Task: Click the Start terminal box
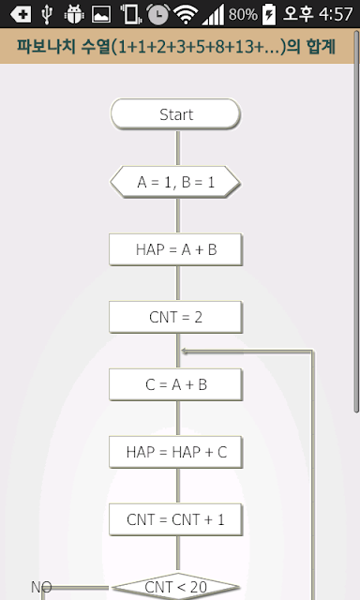click(175, 114)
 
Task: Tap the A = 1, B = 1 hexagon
click(175, 182)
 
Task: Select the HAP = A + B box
click(175, 249)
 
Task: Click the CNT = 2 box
click(175, 317)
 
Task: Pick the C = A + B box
click(175, 384)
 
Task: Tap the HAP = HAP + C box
click(175, 452)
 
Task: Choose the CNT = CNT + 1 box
click(175, 519)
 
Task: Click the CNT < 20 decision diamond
click(175, 587)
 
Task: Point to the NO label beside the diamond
click(41, 587)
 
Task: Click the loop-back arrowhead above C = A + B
click(184, 351)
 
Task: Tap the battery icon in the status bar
click(268, 14)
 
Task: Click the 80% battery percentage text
click(243, 15)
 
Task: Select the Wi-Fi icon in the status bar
click(186, 15)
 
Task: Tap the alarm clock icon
click(158, 14)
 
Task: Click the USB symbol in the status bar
click(47, 14)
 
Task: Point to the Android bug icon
click(74, 14)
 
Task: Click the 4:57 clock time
click(336, 15)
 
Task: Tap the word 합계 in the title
click(321, 47)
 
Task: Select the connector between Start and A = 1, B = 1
click(177, 148)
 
